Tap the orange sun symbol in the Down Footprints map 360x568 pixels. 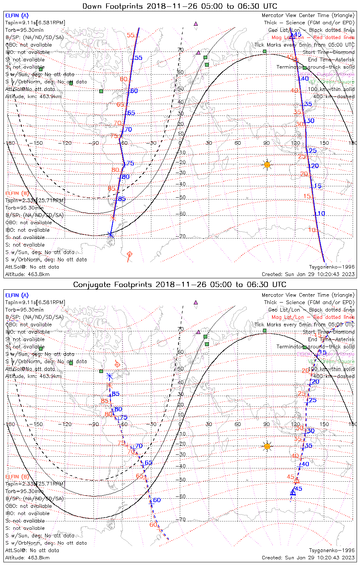[267, 164]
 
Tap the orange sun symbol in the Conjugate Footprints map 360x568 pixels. [267, 446]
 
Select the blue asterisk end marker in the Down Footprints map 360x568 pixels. [110, 234]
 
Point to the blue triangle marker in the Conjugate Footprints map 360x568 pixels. [293, 493]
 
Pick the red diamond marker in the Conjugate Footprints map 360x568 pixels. [117, 364]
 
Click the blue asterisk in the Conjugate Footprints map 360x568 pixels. [110, 376]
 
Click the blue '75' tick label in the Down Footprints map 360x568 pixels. [130, 164]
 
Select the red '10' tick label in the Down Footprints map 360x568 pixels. [312, 230]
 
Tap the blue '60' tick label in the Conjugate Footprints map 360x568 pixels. [157, 500]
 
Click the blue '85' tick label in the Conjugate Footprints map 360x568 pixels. [116, 394]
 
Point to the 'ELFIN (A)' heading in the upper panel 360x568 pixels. [17, 16]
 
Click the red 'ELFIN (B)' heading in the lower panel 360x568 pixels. [17, 476]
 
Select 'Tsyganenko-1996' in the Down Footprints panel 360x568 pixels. [332, 267]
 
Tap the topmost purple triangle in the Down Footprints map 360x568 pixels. [196, 23]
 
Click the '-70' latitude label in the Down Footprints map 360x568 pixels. [182, 236]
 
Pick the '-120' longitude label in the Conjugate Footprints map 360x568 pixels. [67, 424]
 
